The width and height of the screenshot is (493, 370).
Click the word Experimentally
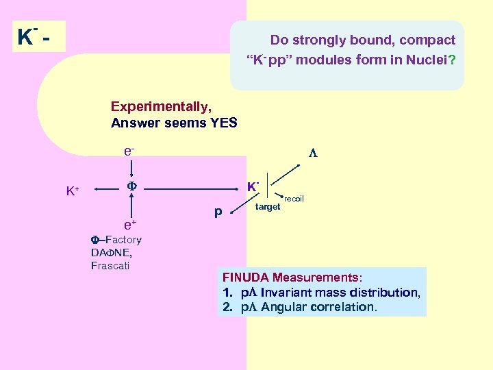[161, 107]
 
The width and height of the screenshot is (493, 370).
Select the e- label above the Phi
[129, 149]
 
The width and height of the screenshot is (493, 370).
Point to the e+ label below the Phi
[129, 224]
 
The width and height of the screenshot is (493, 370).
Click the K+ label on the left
[72, 191]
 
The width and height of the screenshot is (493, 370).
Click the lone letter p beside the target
[218, 212]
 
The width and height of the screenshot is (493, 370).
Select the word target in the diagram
[268, 206]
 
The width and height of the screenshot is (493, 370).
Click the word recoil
[294, 199]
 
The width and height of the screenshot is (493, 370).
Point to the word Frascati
[110, 265]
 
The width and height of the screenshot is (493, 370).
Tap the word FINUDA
[246, 277]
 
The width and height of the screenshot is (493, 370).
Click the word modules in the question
[323, 60]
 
